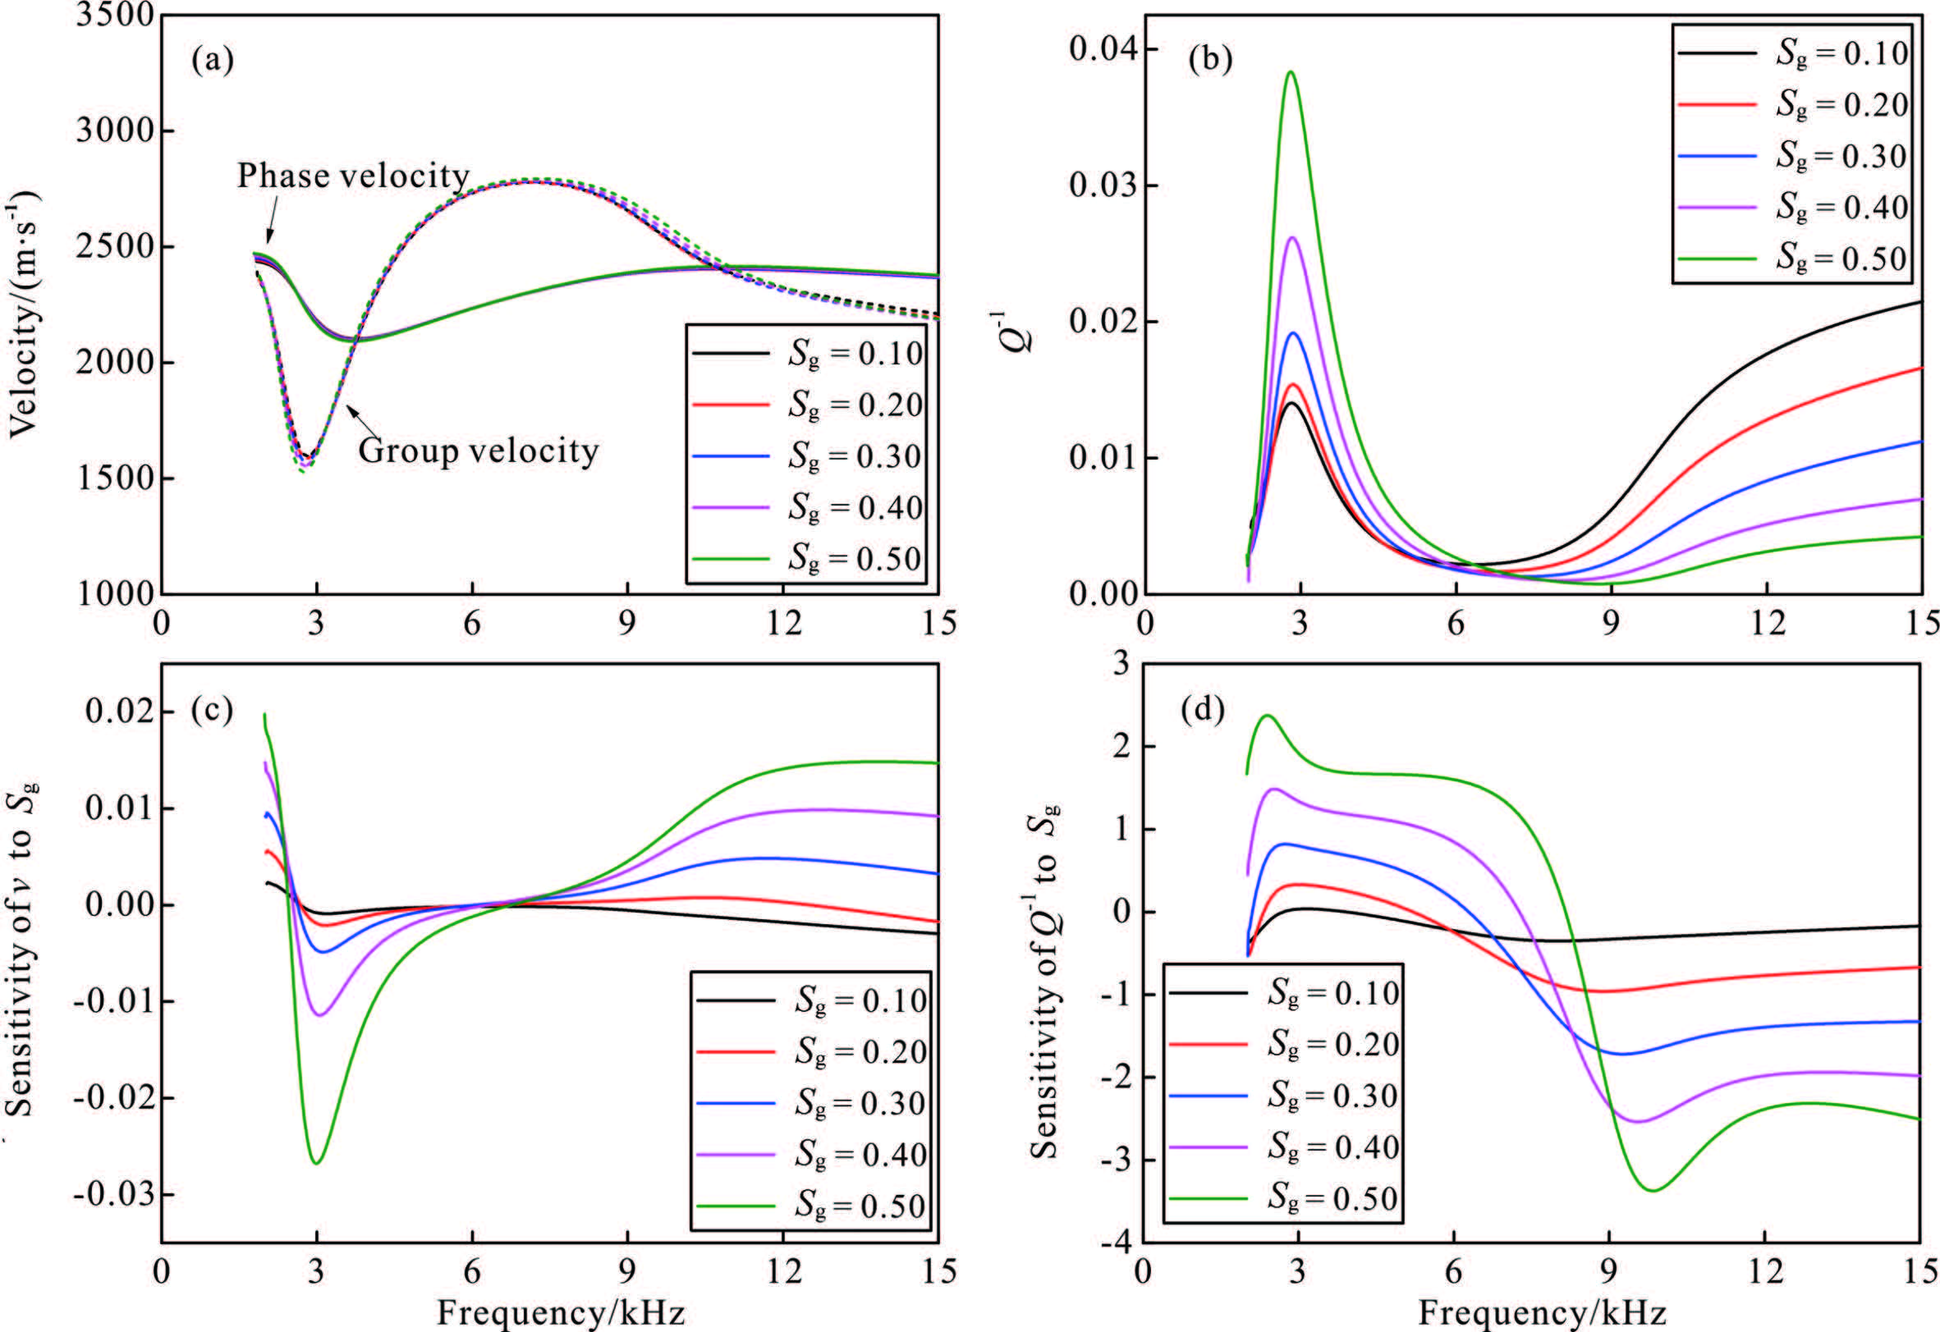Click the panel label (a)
point(212,60)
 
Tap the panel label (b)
point(1210,60)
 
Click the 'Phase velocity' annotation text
point(353,176)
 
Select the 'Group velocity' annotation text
point(479,451)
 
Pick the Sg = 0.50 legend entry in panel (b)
point(1841,258)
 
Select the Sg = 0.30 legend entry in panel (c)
point(860,1103)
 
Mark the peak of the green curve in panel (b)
point(1291,71)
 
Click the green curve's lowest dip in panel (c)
point(317,1164)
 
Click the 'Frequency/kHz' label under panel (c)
point(561,1314)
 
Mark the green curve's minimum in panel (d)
point(1653,1191)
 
